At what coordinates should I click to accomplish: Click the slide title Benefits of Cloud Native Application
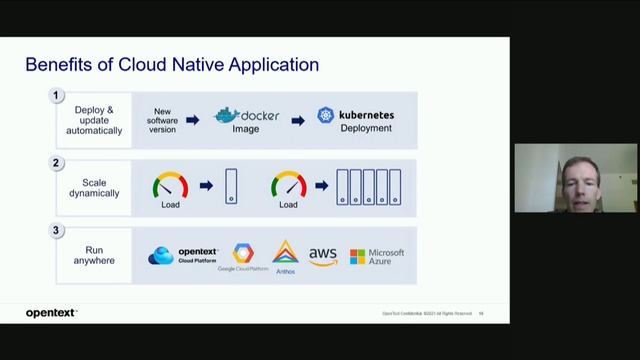point(172,65)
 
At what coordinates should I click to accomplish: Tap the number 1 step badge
point(57,96)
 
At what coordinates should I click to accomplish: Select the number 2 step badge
point(57,163)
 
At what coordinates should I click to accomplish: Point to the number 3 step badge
point(57,231)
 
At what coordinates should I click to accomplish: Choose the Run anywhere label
point(94,255)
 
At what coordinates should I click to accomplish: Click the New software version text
point(163,120)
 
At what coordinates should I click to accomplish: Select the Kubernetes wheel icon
point(326,115)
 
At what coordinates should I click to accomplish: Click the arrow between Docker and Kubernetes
point(297,120)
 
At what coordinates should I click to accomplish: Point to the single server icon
point(232,187)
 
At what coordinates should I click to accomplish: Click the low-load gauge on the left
point(170,185)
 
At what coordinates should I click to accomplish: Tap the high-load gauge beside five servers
point(288,185)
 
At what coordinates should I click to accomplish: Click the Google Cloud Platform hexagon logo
point(243,254)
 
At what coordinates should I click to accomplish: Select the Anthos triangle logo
point(285,252)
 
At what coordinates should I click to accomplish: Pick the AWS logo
point(322,256)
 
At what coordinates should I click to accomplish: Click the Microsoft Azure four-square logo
point(357,257)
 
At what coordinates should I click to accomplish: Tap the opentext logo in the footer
point(50,313)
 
